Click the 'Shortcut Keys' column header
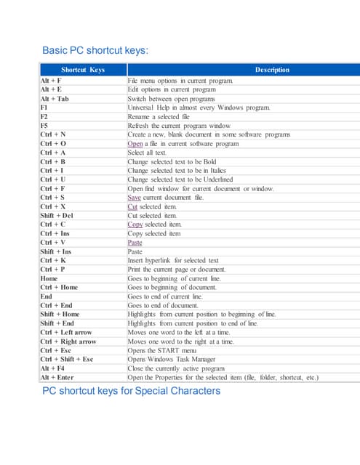(82, 70)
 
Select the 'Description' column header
(272, 70)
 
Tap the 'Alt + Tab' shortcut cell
(55, 98)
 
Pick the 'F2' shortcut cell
(44, 116)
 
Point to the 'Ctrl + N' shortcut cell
(53, 134)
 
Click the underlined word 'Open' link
(135, 144)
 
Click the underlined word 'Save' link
(134, 198)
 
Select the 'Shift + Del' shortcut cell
(57, 216)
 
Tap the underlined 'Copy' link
(135, 225)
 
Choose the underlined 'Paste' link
(135, 243)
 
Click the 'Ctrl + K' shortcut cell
(53, 260)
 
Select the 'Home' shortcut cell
(49, 278)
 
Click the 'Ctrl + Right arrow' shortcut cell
(68, 341)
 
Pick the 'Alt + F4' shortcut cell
(52, 368)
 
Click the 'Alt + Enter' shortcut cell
(57, 377)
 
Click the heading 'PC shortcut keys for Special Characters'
(131, 391)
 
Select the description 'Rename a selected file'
(159, 116)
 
